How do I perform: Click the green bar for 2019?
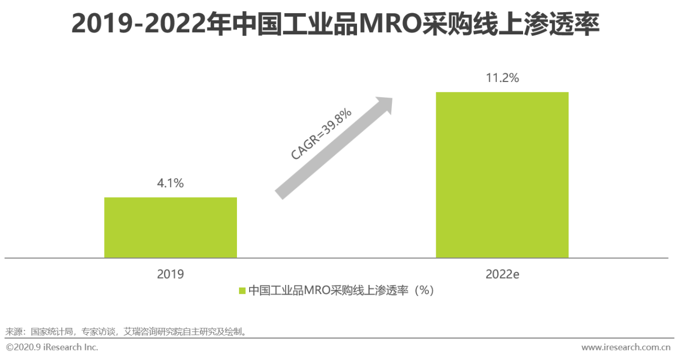[x=170, y=227]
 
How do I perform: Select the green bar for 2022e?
[x=502, y=175]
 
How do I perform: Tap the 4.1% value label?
[x=170, y=183]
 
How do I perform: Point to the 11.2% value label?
[x=502, y=78]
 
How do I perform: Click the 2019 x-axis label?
[x=170, y=274]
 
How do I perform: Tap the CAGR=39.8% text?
[x=322, y=135]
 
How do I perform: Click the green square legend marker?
[x=242, y=291]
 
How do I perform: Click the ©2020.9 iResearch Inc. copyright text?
[x=52, y=347]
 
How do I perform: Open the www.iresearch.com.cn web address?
[x=626, y=347]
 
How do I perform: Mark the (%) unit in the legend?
[x=424, y=291]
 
